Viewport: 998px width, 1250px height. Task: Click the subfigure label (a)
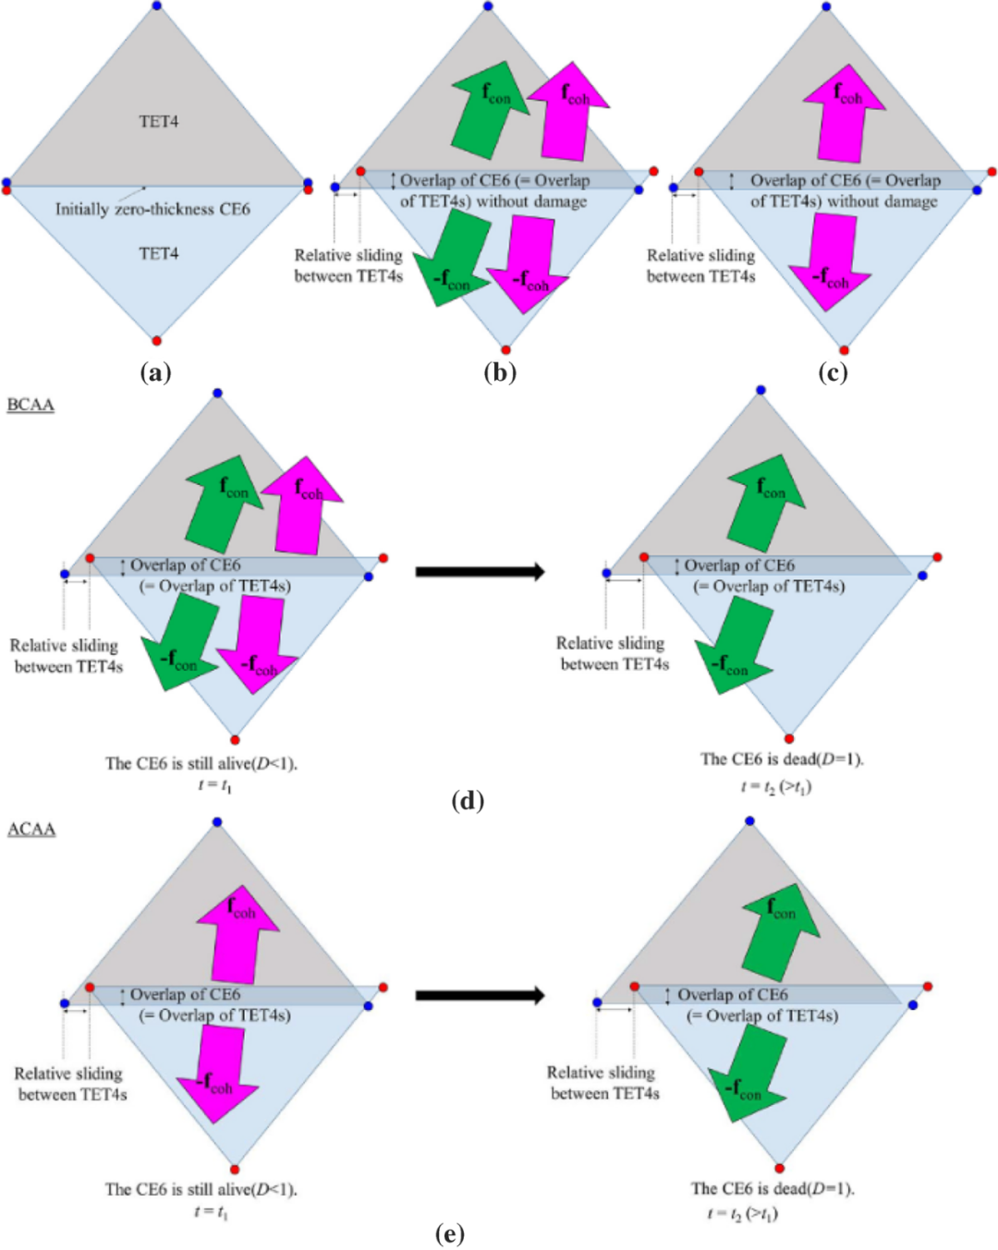(156, 373)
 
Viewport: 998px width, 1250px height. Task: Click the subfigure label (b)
(500, 373)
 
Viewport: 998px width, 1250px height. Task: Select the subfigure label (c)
(833, 373)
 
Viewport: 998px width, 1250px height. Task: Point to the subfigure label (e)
(450, 1233)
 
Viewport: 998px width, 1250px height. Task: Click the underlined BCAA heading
(30, 405)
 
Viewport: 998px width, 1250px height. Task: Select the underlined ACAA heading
(31, 829)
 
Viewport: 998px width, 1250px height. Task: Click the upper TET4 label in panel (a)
(159, 121)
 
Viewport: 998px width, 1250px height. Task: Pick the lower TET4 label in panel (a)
(159, 253)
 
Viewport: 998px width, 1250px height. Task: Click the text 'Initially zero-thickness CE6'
(152, 209)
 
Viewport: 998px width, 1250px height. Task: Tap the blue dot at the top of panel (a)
(156, 6)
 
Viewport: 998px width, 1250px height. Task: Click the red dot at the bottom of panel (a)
(155, 341)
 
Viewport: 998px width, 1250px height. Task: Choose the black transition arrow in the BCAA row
(481, 572)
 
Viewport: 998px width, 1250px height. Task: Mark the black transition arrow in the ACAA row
(481, 996)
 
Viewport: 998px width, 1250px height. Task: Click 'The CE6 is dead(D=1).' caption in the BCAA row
(783, 759)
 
